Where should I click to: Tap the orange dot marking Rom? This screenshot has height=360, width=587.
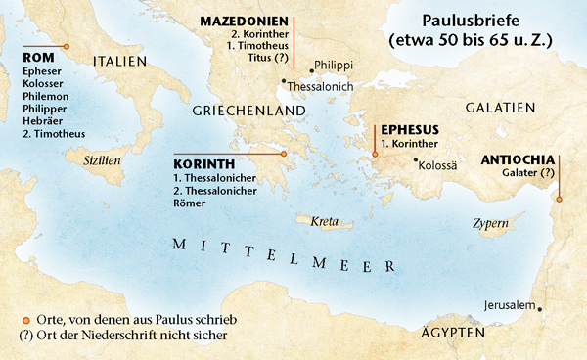[x=66, y=46]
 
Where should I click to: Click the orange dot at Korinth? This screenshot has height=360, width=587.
[x=284, y=154]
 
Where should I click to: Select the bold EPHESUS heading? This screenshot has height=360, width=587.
[x=409, y=129]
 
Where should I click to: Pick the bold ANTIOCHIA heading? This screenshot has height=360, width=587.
[x=519, y=159]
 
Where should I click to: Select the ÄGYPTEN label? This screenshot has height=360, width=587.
[x=451, y=334]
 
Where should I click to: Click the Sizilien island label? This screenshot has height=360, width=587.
[x=104, y=157]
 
